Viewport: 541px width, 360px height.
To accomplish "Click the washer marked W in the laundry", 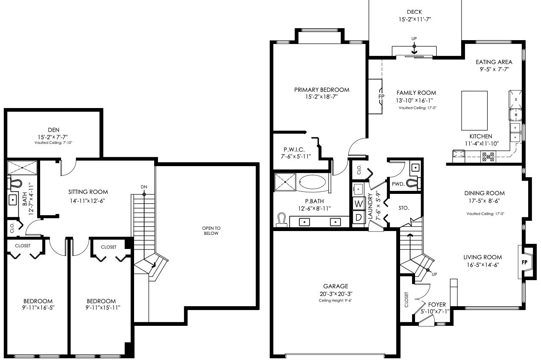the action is (359, 203).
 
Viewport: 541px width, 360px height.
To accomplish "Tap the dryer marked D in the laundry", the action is (359, 217).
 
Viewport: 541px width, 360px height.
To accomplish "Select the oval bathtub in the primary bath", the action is (312, 182).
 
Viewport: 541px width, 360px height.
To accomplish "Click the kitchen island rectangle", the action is (474, 111).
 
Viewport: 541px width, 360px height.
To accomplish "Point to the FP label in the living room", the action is (524, 262).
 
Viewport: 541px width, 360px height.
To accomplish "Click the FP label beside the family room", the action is (381, 97).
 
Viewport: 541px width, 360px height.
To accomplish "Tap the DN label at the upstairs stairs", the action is (144, 187).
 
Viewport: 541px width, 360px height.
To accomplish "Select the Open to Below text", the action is (211, 231).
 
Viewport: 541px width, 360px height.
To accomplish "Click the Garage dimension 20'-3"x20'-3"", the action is (336, 294).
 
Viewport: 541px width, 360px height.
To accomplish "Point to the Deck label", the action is (415, 12).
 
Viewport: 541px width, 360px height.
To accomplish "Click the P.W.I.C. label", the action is (294, 149).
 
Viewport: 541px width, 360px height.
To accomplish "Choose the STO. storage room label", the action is (404, 208).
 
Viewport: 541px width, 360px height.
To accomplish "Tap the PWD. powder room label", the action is (398, 184).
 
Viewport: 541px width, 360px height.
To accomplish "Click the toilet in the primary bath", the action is (282, 220).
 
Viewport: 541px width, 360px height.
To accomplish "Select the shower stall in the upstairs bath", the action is (22, 168).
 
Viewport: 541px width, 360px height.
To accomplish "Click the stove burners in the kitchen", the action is (488, 157).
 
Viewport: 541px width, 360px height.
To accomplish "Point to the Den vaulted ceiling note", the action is (53, 143).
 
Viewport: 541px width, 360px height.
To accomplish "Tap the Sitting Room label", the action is (88, 192).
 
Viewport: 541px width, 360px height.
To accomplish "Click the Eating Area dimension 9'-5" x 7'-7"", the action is (494, 69).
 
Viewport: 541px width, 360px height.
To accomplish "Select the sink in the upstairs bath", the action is (12, 200).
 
